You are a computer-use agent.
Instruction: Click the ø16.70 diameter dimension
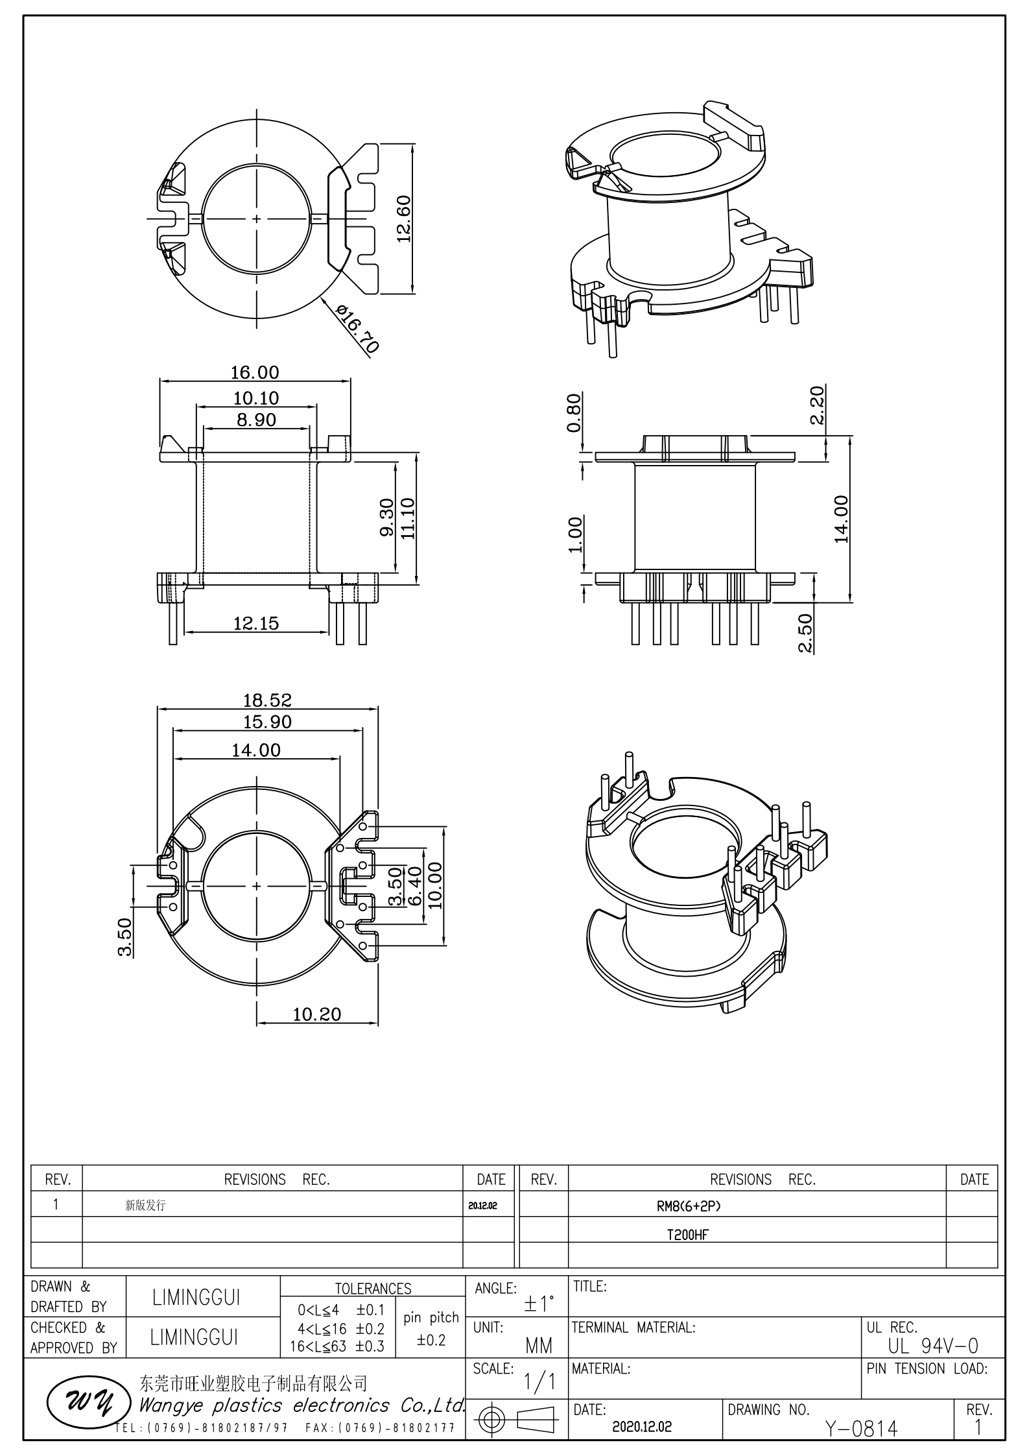pos(358,328)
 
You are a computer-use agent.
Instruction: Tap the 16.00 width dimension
pos(255,372)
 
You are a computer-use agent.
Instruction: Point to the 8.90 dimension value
pos(256,420)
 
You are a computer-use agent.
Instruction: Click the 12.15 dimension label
pos(256,623)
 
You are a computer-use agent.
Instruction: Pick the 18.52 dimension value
pos(267,700)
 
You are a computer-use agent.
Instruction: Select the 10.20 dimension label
pos(317,1014)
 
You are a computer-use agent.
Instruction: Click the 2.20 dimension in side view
pos(817,405)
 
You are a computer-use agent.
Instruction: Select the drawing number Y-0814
pos(861,1428)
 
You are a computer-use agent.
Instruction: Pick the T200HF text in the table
pos(688,1235)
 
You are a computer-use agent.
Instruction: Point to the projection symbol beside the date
pos(516,1420)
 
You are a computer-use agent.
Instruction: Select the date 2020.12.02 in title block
pos(641,1427)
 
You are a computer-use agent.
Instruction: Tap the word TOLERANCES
pos(373,1289)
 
